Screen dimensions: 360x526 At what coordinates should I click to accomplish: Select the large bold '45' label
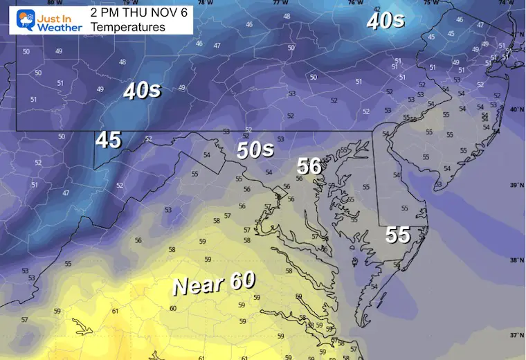109,140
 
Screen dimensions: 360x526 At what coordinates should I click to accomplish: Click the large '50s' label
255,150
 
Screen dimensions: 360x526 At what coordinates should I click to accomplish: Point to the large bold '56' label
309,166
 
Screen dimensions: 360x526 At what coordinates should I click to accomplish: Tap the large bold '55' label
398,235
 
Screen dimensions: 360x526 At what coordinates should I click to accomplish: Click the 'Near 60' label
213,282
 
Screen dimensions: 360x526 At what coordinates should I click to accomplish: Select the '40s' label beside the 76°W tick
385,21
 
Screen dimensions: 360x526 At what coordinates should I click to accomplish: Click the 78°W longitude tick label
202,3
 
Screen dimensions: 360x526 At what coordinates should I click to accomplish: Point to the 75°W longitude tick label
430,3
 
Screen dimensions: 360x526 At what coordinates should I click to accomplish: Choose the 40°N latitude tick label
516,110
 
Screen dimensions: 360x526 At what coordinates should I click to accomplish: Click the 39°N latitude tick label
516,186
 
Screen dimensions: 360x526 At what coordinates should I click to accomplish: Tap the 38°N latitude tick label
516,261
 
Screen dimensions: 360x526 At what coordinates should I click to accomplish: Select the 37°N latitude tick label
516,334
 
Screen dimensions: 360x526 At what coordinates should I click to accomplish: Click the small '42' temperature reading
377,9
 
